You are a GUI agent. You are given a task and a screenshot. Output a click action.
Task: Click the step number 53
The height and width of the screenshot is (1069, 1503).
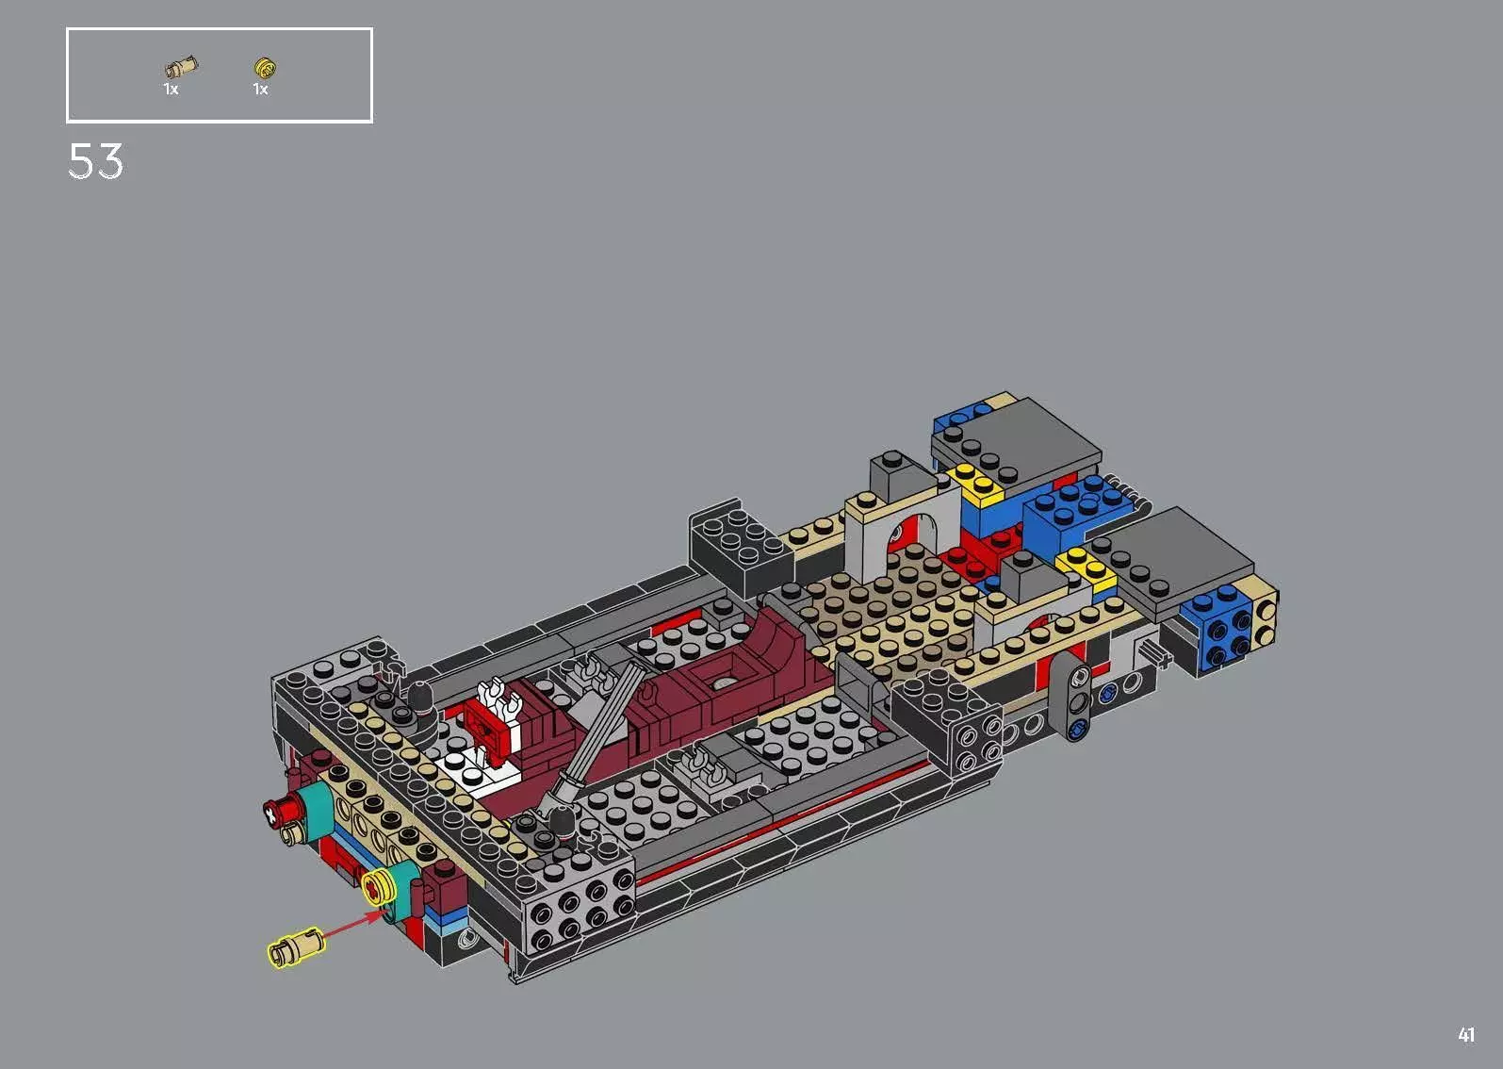pyautogui.click(x=95, y=162)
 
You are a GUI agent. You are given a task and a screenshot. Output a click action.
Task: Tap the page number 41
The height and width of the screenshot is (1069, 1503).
pyautogui.click(x=1466, y=1035)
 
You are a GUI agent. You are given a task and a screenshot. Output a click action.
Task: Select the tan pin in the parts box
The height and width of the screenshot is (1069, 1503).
pyautogui.click(x=181, y=68)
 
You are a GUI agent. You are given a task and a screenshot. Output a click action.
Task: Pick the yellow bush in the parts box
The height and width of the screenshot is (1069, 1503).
pyautogui.click(x=265, y=67)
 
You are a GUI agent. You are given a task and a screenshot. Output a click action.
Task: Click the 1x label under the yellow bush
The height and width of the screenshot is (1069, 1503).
pyautogui.click(x=261, y=90)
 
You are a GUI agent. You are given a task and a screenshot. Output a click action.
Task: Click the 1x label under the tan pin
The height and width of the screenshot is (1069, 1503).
pyautogui.click(x=171, y=90)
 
